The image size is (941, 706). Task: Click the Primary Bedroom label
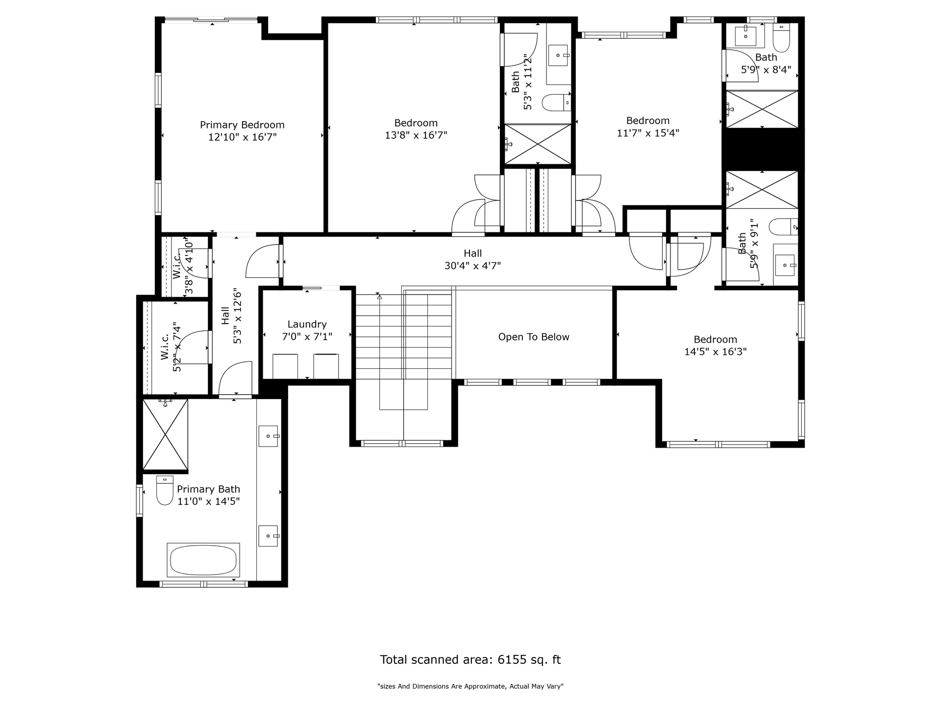242,125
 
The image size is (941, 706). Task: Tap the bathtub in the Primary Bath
203,560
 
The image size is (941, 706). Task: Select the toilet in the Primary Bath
165,490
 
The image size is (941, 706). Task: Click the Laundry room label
307,324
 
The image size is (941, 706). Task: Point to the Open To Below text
534,337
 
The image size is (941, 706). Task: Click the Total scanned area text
470,659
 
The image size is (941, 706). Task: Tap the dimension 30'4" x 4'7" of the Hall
472,266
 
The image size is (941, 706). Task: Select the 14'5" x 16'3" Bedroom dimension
716,352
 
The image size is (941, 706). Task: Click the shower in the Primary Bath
165,434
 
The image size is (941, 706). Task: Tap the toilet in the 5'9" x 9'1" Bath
783,227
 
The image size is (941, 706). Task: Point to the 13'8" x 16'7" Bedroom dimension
416,135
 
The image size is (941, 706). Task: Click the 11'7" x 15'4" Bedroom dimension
648,133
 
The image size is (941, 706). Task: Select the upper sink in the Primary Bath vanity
268,436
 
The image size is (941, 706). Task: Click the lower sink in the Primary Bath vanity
268,536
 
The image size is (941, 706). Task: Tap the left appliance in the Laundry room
285,366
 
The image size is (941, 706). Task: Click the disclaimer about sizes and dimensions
470,686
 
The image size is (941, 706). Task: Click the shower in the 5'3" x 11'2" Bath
538,144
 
